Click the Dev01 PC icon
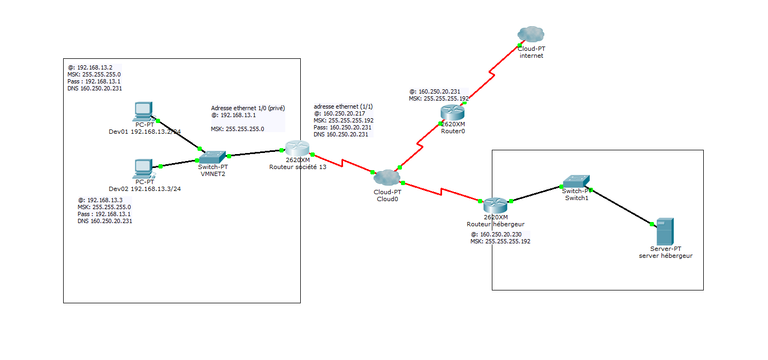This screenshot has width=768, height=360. (143, 111)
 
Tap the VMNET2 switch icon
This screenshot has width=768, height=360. (213, 157)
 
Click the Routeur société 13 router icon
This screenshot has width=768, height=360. (297, 149)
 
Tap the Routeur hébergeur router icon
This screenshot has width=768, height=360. (495, 205)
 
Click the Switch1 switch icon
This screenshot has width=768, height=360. (576, 182)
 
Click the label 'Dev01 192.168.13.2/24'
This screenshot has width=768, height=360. (145, 131)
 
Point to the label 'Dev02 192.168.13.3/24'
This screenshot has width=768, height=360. (145, 189)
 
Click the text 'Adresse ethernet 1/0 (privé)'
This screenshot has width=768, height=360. (247, 108)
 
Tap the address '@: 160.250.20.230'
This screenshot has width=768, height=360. (496, 234)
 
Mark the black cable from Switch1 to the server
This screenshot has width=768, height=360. (621, 206)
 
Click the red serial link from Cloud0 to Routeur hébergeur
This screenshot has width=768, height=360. (440, 192)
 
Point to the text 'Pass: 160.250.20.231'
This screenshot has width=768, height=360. (343, 127)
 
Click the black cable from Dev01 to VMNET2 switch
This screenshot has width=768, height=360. (178, 134)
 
